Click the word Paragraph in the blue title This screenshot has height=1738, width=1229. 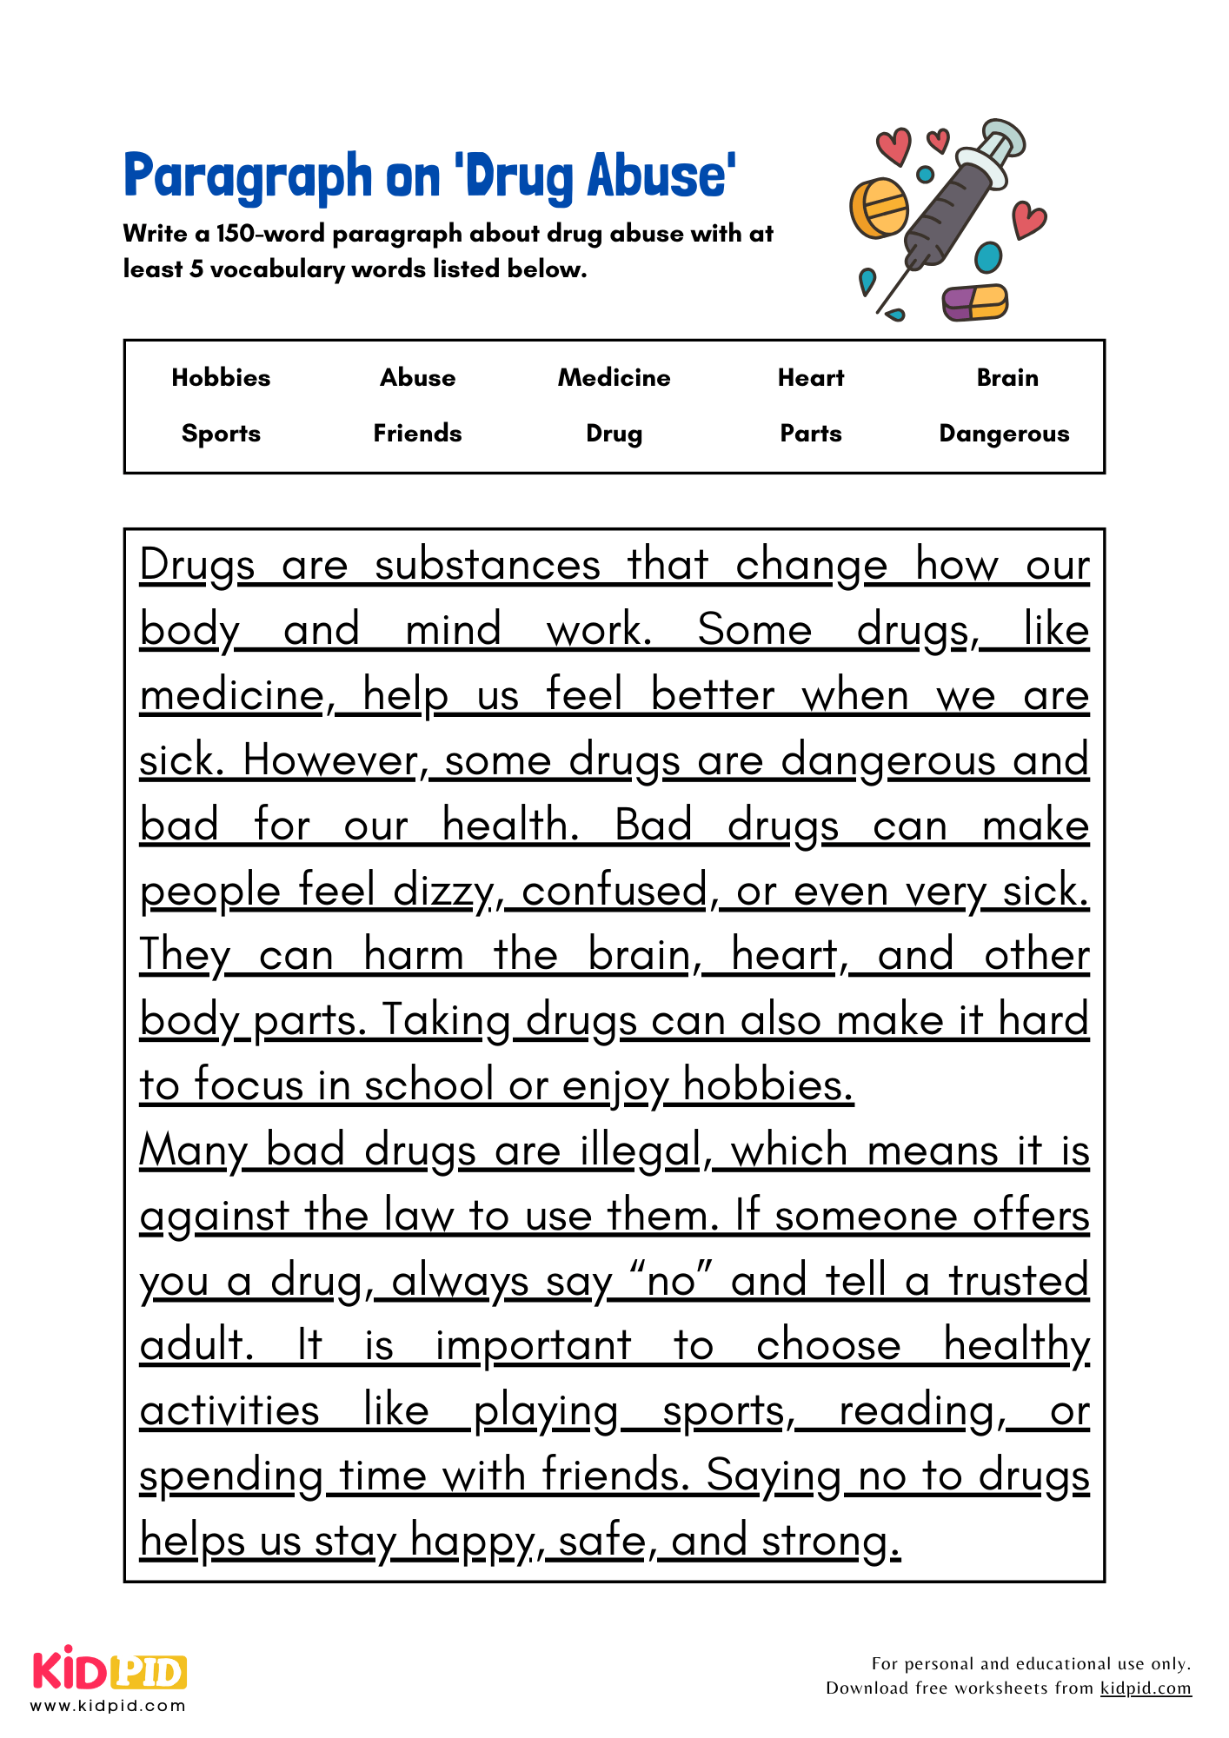click(x=248, y=176)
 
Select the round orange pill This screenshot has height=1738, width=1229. click(x=879, y=209)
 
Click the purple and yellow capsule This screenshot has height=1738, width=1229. click(x=975, y=302)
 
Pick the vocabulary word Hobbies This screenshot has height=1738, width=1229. click(x=221, y=377)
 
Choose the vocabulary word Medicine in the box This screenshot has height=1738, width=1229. click(x=614, y=377)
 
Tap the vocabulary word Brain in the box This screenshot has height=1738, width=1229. click(x=1007, y=377)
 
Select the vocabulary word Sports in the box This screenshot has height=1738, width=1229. click(x=221, y=433)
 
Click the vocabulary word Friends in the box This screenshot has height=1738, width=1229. click(x=417, y=433)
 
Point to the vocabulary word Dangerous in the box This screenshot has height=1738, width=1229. click(x=1004, y=433)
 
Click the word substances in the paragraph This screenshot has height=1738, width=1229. click(x=488, y=565)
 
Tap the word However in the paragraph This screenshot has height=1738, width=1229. click(x=333, y=760)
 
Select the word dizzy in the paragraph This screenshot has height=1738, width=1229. click(x=446, y=892)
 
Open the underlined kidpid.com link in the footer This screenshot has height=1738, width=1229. click(x=1146, y=1688)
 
